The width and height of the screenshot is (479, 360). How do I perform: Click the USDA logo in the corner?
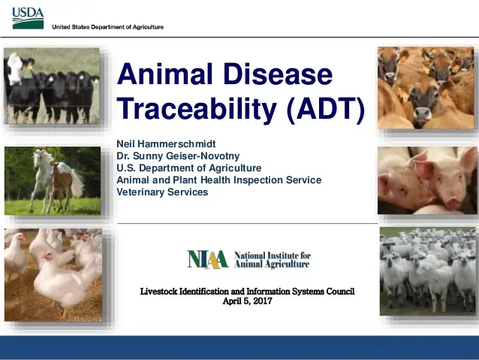pyautogui.click(x=28, y=17)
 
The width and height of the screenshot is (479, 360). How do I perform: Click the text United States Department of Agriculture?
pyautogui.click(x=107, y=27)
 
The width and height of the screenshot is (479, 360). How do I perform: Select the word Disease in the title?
pyautogui.click(x=282, y=74)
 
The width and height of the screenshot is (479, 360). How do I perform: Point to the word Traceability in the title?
pyautogui.click(x=197, y=110)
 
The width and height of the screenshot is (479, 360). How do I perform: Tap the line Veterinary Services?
pyautogui.click(x=162, y=192)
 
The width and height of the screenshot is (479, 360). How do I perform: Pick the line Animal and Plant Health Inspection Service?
pyautogui.click(x=218, y=180)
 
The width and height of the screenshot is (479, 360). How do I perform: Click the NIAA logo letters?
pyautogui.click(x=207, y=259)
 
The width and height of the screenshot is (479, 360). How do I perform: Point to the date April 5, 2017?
pyautogui.click(x=248, y=301)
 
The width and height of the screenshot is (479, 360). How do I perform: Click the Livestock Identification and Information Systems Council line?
pyautogui.click(x=248, y=291)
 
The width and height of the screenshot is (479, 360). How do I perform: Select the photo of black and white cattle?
pyautogui.click(x=51, y=86)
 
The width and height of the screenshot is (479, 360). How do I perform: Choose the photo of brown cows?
pyautogui.click(x=426, y=87)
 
